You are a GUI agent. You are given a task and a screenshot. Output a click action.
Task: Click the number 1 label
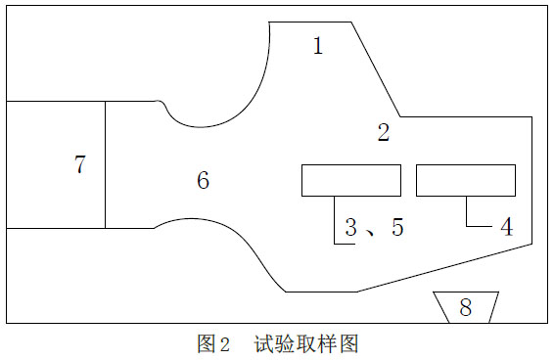(x=316, y=45)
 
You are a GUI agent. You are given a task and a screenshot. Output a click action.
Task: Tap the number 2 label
(x=383, y=133)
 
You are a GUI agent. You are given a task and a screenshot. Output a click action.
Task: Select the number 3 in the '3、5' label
(x=351, y=228)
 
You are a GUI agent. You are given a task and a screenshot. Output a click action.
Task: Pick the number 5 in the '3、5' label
(x=395, y=228)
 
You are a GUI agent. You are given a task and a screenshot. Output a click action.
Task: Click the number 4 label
(x=506, y=227)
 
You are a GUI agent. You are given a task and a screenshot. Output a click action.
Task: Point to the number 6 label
(x=203, y=180)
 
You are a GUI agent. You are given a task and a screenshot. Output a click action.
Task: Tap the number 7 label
(x=80, y=164)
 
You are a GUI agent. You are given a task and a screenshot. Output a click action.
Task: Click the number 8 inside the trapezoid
(x=465, y=308)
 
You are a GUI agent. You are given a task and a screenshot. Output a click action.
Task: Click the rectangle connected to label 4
(x=466, y=181)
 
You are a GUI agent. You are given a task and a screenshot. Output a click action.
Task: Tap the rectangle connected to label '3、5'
(x=350, y=181)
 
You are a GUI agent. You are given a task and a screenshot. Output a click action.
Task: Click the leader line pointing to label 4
(x=467, y=213)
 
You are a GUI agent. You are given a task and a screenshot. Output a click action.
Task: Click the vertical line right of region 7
(x=105, y=164)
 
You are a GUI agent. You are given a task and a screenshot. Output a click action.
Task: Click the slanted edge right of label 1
(x=375, y=68)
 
